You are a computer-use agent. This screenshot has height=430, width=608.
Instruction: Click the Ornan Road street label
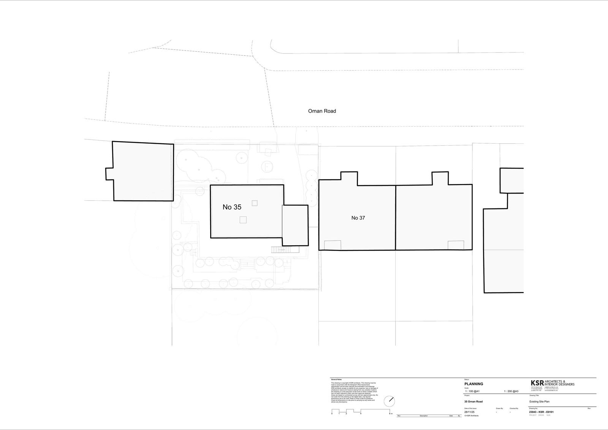[x=322, y=111]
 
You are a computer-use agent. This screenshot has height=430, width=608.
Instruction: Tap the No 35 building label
[x=232, y=207]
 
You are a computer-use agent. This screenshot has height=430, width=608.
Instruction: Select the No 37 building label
[x=358, y=218]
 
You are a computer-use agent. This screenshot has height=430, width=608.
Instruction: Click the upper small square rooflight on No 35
[x=255, y=203]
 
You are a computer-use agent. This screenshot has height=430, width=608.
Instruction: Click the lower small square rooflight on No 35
[x=243, y=219]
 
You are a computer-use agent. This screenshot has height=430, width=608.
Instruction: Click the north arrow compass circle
[x=389, y=401]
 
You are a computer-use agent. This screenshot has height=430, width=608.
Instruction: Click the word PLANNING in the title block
[x=474, y=384]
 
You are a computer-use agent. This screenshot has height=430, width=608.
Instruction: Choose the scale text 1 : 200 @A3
[x=511, y=391]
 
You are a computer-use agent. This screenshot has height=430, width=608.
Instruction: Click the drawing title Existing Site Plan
[x=539, y=401]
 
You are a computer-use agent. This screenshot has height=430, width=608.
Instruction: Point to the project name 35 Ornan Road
[x=473, y=401]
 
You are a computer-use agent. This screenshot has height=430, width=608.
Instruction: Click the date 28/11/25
[x=469, y=412]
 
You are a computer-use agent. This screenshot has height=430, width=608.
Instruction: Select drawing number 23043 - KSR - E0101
[x=541, y=412]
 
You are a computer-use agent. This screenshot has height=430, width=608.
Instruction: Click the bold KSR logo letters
[x=537, y=383]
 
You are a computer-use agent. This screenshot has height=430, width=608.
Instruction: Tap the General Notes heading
[x=337, y=379]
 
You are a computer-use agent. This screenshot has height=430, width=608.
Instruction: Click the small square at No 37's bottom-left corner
[x=332, y=245]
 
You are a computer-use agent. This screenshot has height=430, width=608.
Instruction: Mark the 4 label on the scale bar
[x=361, y=413]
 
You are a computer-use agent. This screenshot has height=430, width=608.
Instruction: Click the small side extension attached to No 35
[x=295, y=225]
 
